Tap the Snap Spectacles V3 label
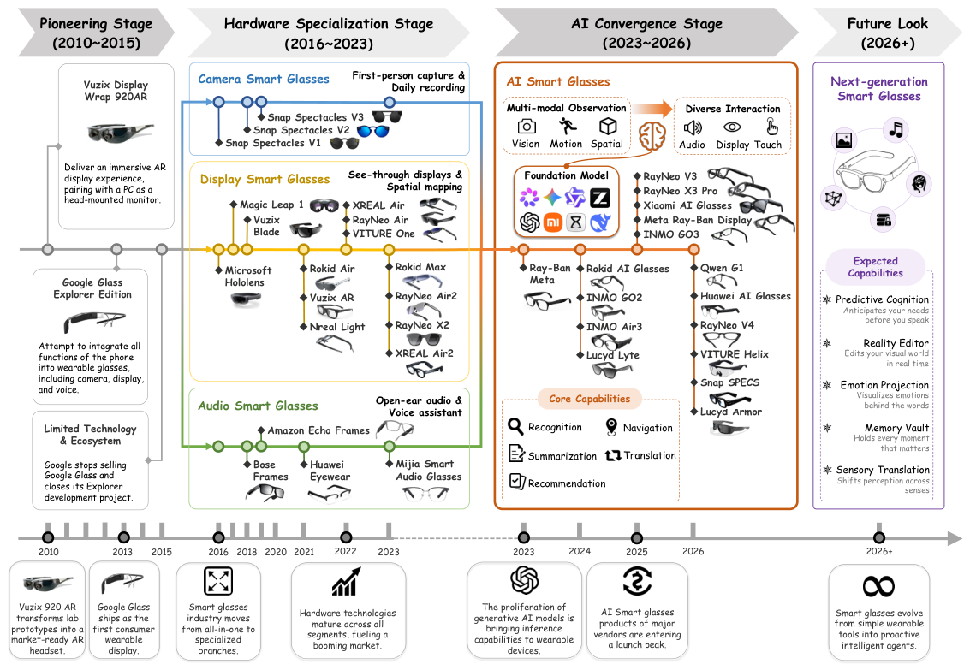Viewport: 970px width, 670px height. [x=316, y=117]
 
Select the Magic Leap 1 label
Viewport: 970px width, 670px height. [x=271, y=205]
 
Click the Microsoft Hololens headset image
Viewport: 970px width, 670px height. [x=246, y=299]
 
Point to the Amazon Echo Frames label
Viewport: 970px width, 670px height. [x=318, y=430]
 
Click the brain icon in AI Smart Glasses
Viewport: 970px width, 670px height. [x=652, y=135]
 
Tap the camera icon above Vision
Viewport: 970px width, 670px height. [x=527, y=127]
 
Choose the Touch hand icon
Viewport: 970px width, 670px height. [x=771, y=127]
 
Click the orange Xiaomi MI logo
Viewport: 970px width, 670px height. [x=552, y=222]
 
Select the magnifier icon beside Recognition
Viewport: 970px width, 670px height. [x=515, y=426]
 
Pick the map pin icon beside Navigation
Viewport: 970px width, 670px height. [x=611, y=426]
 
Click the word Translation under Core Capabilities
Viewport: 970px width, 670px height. [x=650, y=455]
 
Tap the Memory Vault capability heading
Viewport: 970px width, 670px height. [x=896, y=428]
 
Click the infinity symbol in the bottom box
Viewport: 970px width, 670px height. [x=878, y=586]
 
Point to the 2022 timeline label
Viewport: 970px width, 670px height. [x=345, y=551]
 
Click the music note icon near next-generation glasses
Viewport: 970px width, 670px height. [x=896, y=129]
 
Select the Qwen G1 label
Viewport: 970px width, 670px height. [x=722, y=268]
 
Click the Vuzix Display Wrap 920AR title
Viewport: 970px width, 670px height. [x=116, y=90]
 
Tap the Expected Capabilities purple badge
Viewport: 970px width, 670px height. [x=875, y=267]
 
